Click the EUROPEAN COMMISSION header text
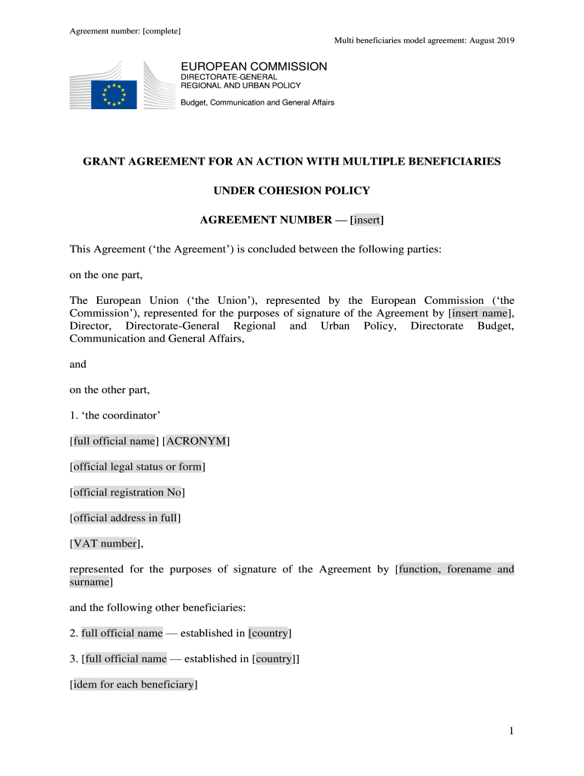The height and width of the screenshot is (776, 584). pyautogui.click(x=253, y=67)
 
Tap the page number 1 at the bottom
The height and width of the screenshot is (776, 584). pyautogui.click(x=512, y=731)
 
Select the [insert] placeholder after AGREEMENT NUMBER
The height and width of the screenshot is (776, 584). pyautogui.click(x=366, y=221)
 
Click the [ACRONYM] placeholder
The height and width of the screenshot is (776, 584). pyautogui.click(x=196, y=441)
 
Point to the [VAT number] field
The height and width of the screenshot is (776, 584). pyautogui.click(x=104, y=543)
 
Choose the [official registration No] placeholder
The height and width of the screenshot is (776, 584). pyautogui.click(x=127, y=493)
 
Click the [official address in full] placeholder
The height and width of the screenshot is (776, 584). pyautogui.click(x=125, y=518)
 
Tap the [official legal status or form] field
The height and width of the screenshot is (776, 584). pyautogui.click(x=137, y=467)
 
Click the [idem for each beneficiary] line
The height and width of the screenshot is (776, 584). pyautogui.click(x=133, y=685)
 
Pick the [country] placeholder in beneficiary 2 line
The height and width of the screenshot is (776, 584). pyautogui.click(x=270, y=633)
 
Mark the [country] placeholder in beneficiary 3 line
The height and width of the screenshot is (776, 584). pyautogui.click(x=274, y=659)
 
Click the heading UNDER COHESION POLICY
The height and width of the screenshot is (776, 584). pyautogui.click(x=292, y=190)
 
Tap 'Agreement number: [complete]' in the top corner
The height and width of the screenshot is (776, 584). pyautogui.click(x=119, y=31)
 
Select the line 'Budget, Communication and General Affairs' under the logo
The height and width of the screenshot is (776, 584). pyautogui.click(x=257, y=102)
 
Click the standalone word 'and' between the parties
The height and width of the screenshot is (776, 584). pyautogui.click(x=78, y=364)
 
